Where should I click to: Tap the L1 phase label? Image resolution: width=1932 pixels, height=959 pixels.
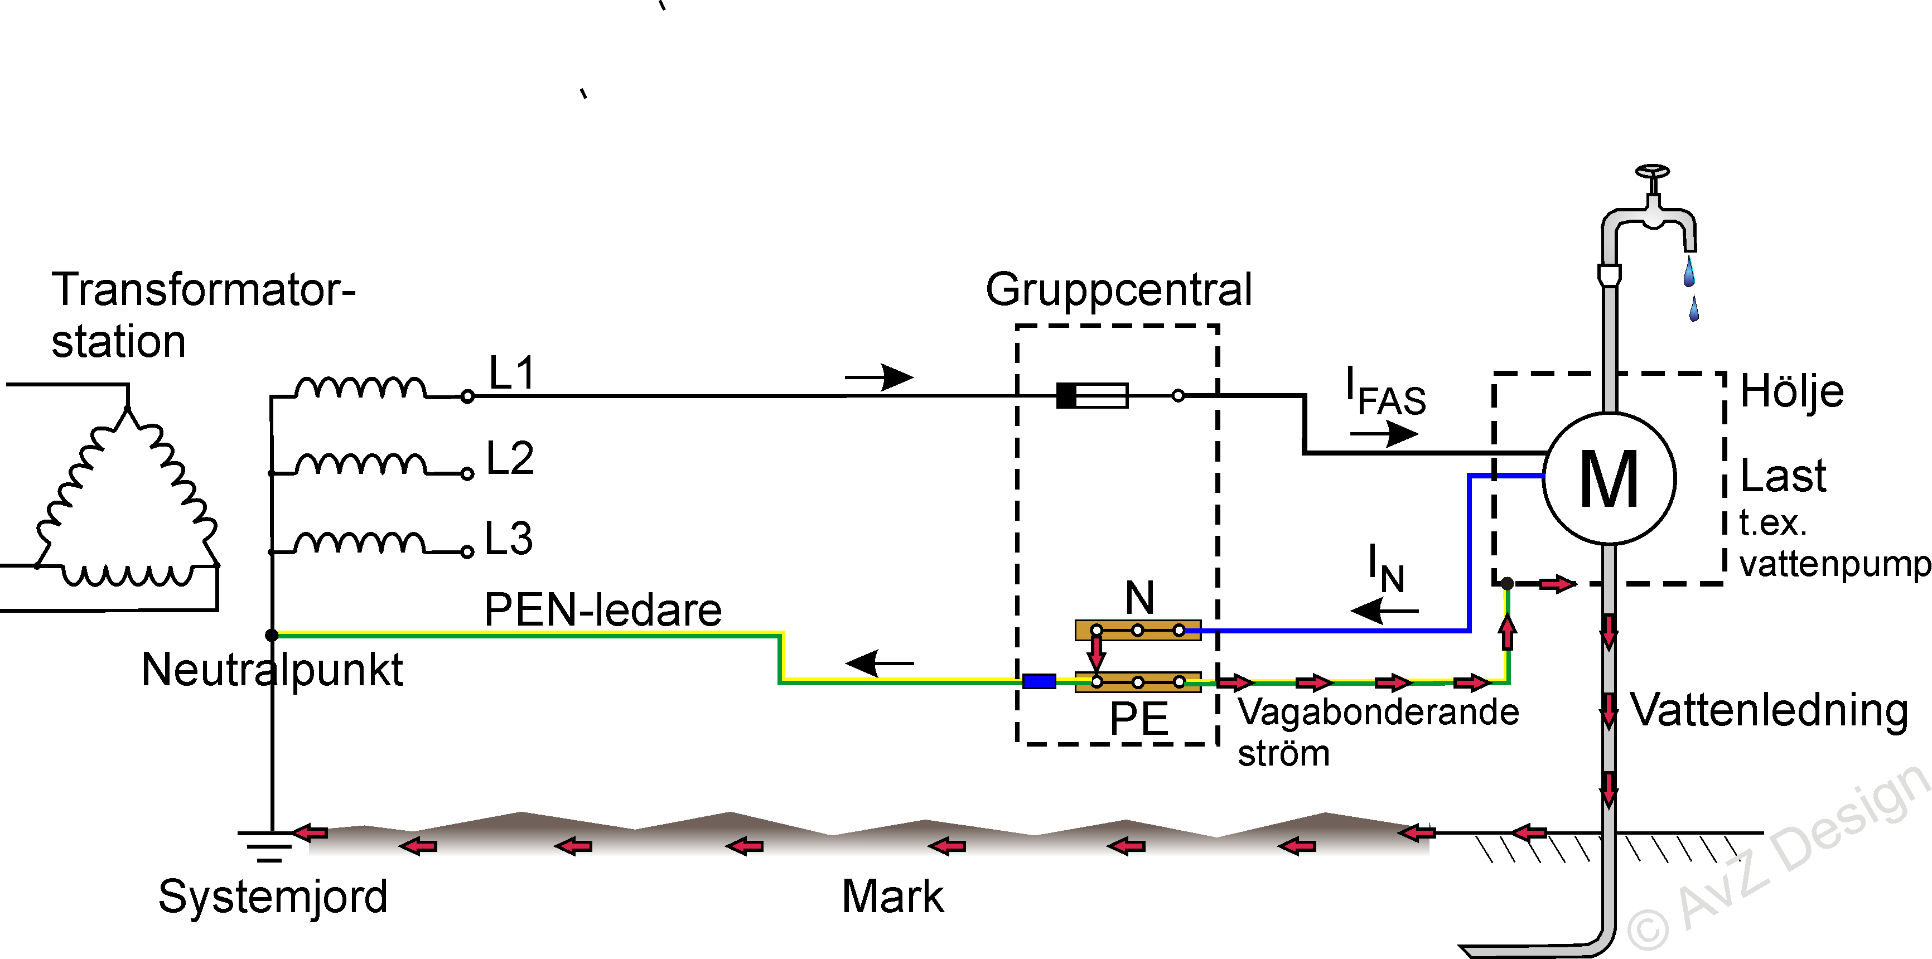[511, 372]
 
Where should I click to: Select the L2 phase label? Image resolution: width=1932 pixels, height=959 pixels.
[510, 458]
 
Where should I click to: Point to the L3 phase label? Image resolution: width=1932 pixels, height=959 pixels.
[509, 539]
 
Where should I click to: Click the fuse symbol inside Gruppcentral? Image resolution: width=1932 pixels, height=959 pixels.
[1092, 395]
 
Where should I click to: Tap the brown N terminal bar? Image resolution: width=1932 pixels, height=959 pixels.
[1138, 630]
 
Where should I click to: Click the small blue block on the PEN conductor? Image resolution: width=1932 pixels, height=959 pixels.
[1039, 681]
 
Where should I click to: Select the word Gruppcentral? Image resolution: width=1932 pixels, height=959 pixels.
[1118, 289]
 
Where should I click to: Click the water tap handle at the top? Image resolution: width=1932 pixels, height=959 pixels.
[1652, 172]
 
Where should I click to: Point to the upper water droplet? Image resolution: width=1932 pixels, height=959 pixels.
[1689, 272]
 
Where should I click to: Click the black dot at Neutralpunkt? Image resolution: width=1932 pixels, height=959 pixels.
[272, 635]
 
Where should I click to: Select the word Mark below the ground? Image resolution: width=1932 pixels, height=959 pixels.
[892, 897]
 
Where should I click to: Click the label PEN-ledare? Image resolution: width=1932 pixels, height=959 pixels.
[603, 609]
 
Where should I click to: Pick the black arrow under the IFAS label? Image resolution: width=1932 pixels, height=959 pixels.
[1384, 433]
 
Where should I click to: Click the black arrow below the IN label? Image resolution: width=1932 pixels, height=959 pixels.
[1384, 611]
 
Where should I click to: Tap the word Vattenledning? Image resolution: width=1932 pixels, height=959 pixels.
[1769, 710]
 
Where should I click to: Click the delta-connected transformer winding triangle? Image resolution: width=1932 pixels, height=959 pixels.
[128, 502]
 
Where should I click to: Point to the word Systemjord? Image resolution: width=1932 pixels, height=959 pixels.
[273, 897]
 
